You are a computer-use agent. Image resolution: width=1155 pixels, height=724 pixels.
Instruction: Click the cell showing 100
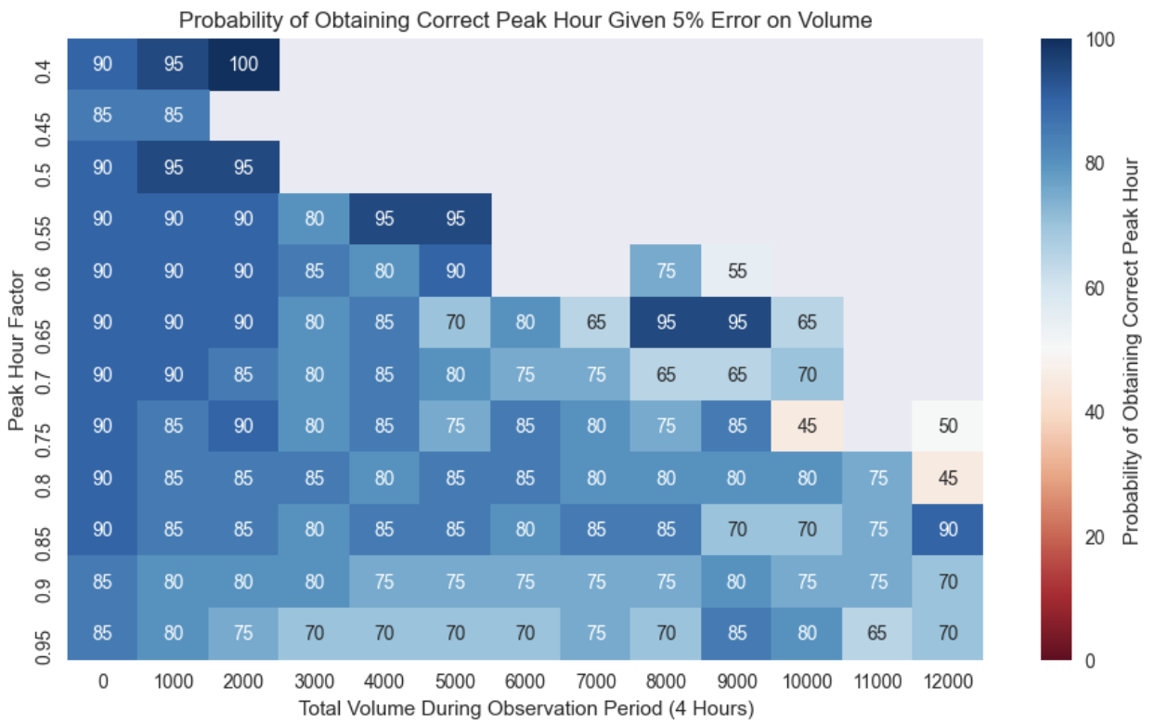point(243,64)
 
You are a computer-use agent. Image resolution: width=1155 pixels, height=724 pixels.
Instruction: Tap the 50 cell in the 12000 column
point(948,426)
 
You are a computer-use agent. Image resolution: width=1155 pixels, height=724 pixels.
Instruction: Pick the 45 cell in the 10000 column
point(807,426)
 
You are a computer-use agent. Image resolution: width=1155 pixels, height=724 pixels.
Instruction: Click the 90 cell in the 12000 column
point(948,529)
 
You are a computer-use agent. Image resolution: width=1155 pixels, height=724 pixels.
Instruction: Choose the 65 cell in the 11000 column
point(877,633)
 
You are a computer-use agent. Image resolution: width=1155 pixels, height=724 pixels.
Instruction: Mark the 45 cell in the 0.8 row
point(948,478)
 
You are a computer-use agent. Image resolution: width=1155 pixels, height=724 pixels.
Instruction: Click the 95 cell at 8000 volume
point(666,322)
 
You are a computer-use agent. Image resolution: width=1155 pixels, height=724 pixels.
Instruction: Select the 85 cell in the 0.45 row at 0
point(102,116)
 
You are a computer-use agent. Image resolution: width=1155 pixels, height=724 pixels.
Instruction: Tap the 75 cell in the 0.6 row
point(666,271)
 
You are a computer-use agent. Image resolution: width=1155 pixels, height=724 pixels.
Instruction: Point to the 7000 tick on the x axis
point(595,681)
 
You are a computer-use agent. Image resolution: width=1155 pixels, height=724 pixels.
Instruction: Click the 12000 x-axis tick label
point(948,681)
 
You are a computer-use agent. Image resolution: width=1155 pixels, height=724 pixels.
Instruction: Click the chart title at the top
point(525,19)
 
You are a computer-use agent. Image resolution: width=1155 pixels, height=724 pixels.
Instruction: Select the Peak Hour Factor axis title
point(17,349)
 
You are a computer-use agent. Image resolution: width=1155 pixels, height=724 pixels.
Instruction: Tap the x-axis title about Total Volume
point(525,708)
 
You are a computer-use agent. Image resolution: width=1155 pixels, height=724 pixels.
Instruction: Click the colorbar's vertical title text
point(1131,349)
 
